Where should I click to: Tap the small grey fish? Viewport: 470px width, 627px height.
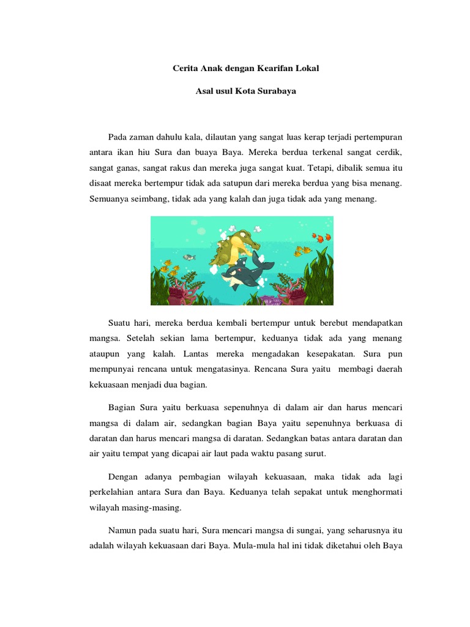click(x=190, y=257)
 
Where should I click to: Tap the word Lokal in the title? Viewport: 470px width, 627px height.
click(x=308, y=69)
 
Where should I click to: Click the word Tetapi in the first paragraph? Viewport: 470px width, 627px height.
click(x=324, y=167)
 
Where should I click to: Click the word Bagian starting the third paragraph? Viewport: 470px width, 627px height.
click(x=122, y=407)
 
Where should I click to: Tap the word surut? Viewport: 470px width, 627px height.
click(x=315, y=454)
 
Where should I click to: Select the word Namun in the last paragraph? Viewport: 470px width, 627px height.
click(x=122, y=530)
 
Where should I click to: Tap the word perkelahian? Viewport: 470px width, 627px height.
click(x=115, y=492)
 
